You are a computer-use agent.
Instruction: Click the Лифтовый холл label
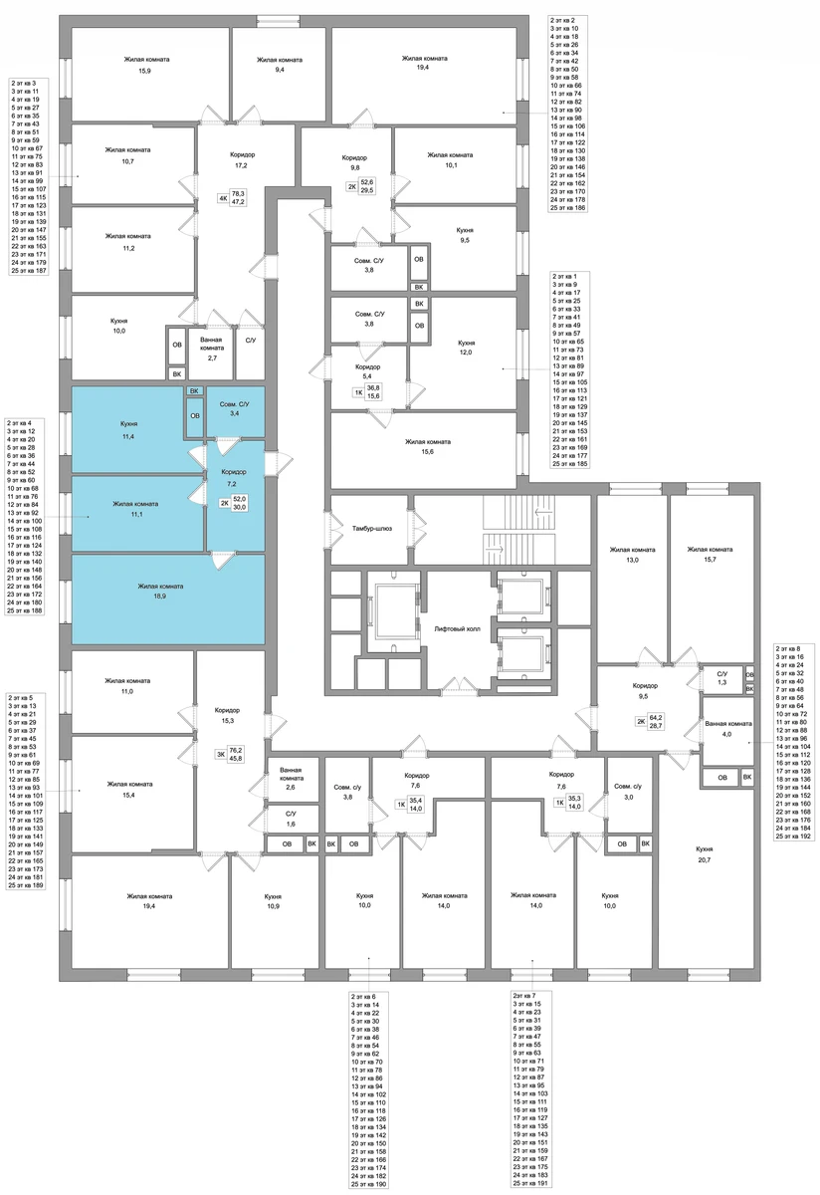tap(457, 629)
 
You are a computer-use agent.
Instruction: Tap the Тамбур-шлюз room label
tap(371, 528)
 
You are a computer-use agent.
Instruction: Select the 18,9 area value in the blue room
tap(160, 596)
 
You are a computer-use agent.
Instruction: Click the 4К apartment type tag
tap(223, 198)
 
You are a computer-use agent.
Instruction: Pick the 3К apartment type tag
tap(220, 754)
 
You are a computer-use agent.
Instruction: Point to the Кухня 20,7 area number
tap(704, 860)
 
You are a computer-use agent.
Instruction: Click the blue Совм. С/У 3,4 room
tap(235, 412)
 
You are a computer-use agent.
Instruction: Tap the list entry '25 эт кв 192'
tap(793, 836)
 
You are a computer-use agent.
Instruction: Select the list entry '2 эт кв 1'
tap(564, 277)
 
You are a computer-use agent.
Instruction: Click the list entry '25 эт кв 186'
tap(568, 207)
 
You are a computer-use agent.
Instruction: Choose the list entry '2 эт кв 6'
tap(363, 996)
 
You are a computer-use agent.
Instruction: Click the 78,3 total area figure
tap(238, 193)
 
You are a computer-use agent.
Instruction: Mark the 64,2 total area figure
tap(656, 718)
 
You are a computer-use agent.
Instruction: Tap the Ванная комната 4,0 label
tap(728, 729)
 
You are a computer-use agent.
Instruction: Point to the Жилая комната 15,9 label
tap(146, 65)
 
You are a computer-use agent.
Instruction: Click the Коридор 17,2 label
tap(243, 160)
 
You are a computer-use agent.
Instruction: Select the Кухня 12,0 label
tap(466, 348)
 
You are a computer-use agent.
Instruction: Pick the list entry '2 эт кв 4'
tap(19, 422)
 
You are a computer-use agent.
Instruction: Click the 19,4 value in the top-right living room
tap(423, 68)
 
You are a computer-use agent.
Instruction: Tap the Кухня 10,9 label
tap(273, 901)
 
